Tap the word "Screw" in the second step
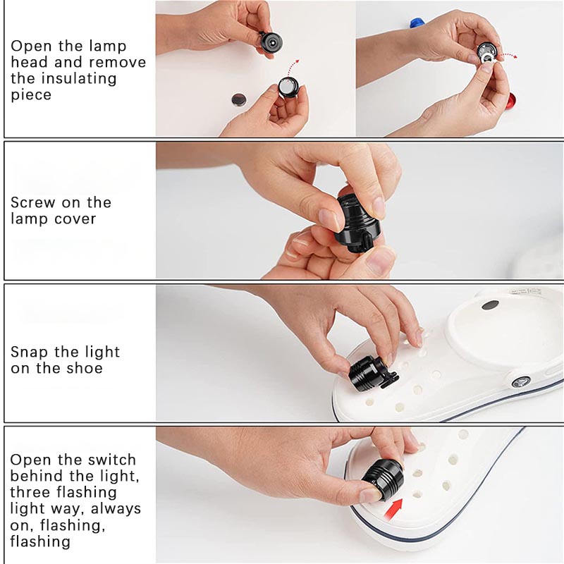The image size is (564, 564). coord(31,202)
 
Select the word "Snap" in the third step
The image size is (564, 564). coord(30,352)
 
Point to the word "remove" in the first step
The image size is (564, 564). coord(118,62)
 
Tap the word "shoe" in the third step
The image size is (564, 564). coord(85,368)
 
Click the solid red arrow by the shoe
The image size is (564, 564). coord(393,508)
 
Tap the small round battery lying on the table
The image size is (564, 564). coord(238,99)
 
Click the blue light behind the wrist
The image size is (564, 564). coord(418,24)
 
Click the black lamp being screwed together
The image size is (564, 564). coord(357,223)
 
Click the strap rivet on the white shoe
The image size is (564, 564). coord(521,381)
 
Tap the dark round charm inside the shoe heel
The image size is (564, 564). coord(490,305)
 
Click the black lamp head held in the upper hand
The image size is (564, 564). coord(270,43)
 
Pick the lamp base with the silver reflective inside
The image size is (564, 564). coord(288,87)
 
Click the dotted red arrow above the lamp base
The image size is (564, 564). coord(294,68)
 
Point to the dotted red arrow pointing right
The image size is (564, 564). coord(507,56)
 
